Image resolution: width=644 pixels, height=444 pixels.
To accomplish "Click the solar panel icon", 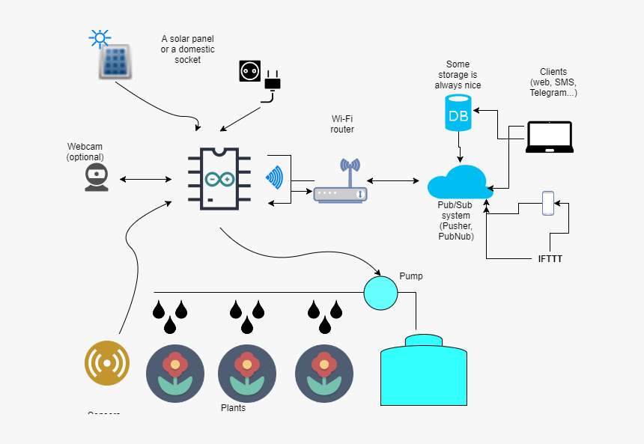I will (x=116, y=62).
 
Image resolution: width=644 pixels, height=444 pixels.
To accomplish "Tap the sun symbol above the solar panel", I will (x=99, y=38).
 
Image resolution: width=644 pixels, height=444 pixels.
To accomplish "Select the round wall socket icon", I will (x=249, y=71).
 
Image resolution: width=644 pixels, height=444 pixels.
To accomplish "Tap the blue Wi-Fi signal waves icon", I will (x=275, y=178).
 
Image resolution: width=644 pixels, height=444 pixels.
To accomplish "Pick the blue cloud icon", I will (x=458, y=182).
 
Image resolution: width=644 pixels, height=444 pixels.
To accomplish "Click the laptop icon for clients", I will (x=549, y=137).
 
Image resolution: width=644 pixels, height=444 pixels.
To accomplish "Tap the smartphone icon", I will (x=548, y=203).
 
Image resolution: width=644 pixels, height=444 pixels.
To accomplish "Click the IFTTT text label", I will (x=550, y=260).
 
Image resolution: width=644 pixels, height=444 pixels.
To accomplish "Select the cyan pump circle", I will (x=380, y=293).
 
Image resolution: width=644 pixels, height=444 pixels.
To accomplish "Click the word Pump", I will (x=410, y=276).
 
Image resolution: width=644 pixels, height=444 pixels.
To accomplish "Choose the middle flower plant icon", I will (x=247, y=373).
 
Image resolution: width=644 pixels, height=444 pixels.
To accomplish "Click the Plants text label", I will (x=233, y=408).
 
